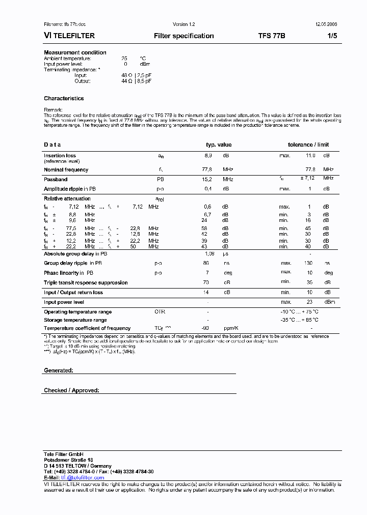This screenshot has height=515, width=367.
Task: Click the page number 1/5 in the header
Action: [332, 36]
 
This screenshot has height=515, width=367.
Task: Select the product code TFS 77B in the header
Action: [272, 36]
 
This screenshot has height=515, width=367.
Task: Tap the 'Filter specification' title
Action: [183, 36]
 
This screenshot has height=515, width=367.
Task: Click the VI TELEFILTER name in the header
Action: [69, 36]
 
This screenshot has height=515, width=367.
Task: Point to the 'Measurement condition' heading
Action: [75, 52]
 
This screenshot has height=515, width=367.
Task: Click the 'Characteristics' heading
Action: [64, 98]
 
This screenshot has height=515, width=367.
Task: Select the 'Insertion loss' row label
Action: [60, 156]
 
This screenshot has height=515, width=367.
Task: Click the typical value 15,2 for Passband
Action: [208, 179]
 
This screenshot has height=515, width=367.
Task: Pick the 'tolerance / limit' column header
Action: [308, 145]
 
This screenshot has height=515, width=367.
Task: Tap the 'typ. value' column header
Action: [218, 145]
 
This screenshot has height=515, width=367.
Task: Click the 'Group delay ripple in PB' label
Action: [73, 263]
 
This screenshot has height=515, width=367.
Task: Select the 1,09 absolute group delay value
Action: [209, 253]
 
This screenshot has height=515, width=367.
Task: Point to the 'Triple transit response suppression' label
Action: [86, 282]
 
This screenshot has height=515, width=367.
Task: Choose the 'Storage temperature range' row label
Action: [75, 320]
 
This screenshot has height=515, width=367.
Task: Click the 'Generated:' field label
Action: [59, 370]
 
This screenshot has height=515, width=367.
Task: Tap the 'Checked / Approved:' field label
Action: [71, 390]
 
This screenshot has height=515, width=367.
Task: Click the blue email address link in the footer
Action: [83, 478]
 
